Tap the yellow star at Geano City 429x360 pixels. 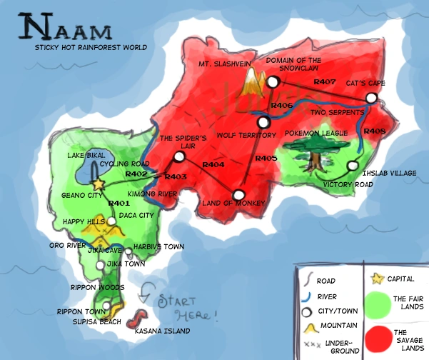tap(99, 184)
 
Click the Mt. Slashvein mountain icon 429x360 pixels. tap(251, 84)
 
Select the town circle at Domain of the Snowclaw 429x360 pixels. tap(273, 84)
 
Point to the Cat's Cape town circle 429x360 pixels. tap(371, 97)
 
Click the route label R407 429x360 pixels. tap(324, 83)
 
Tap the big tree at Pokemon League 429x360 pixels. tap(306, 150)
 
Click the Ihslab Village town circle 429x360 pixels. tap(352, 166)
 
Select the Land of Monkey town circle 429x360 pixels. tap(240, 194)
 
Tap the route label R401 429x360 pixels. tap(118, 204)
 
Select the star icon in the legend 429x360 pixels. tap(374, 279)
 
